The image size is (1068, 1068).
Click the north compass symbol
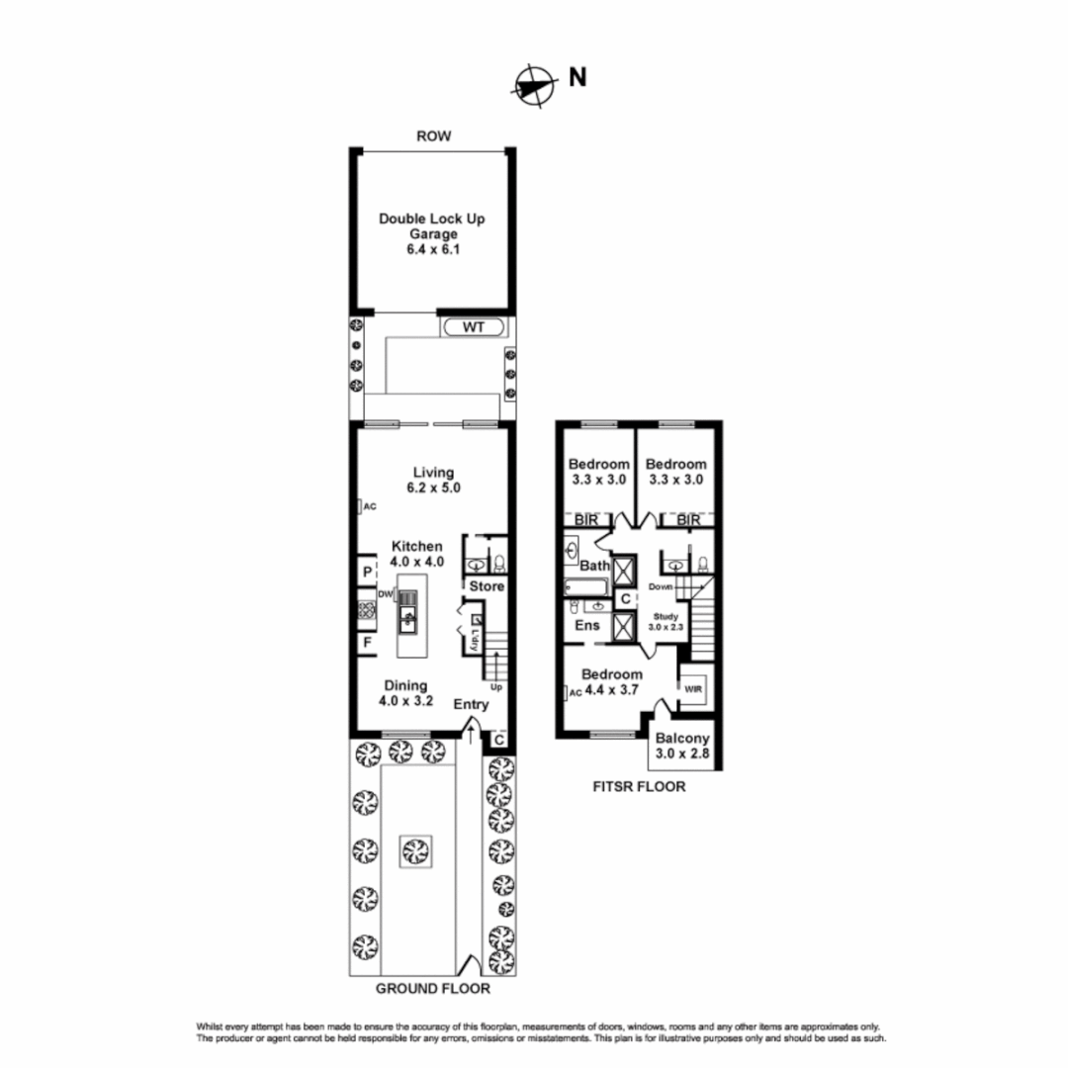click(x=531, y=83)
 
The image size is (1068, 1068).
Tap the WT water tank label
click(x=474, y=327)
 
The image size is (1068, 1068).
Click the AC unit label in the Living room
click(x=370, y=506)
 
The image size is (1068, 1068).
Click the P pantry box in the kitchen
click(x=366, y=573)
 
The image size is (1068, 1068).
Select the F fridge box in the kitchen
click(x=366, y=644)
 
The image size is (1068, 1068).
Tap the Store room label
click(x=486, y=586)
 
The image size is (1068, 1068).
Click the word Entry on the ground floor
click(x=472, y=704)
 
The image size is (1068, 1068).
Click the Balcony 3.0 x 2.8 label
click(x=682, y=747)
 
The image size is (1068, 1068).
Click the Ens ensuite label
click(x=587, y=625)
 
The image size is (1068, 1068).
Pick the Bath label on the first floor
click(x=593, y=566)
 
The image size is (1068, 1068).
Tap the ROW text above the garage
click(x=433, y=136)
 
